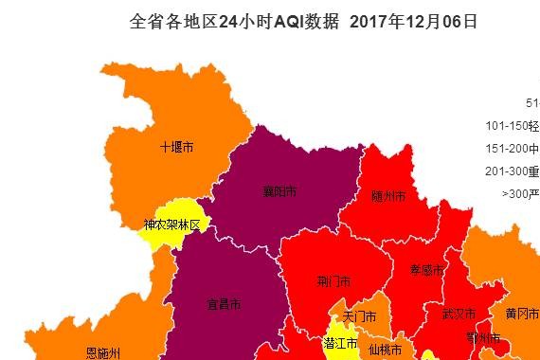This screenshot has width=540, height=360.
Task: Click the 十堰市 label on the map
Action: click(176, 148)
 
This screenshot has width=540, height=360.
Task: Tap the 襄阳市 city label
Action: click(279, 191)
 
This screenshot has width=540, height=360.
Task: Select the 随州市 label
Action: click(388, 196)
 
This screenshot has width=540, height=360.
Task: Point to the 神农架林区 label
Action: click(171, 225)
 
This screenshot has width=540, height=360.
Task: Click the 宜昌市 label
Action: click(224, 304)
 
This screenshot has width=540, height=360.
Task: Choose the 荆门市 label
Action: click(334, 281)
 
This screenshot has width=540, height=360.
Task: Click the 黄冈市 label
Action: click(522, 314)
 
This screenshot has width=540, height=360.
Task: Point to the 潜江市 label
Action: click(340, 342)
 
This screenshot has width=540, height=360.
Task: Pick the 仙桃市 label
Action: click(385, 350)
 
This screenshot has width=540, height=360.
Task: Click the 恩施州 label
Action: click(103, 352)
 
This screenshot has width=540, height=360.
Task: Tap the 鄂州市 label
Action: click(483, 337)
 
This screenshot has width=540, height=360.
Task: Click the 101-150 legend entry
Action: click(512, 125)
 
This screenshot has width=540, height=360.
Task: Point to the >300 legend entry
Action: click(520, 193)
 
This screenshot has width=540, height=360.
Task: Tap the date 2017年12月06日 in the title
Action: click(413, 22)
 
